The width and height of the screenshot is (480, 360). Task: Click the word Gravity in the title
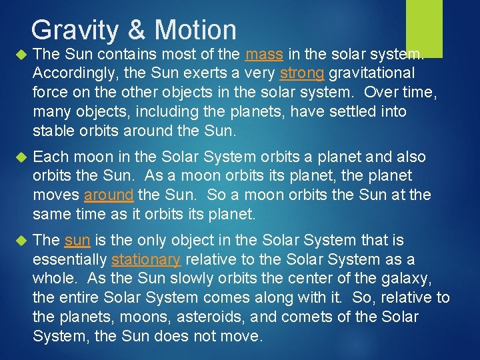tap(73, 30)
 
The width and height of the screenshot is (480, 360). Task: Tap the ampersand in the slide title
tap(135, 30)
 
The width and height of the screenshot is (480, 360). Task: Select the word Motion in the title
tap(195, 30)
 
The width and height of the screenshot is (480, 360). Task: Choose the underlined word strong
tap(302, 72)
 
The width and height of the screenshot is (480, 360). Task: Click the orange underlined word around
tap(109, 195)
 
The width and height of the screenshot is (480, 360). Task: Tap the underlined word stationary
tap(145, 259)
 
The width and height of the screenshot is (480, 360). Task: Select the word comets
tap(315, 316)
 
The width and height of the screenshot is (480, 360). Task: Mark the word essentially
tap(70, 259)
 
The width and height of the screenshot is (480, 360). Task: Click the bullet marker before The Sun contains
tap(19, 54)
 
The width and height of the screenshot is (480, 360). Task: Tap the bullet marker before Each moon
tap(19, 157)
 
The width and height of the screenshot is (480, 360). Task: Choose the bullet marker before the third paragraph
tap(19, 241)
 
